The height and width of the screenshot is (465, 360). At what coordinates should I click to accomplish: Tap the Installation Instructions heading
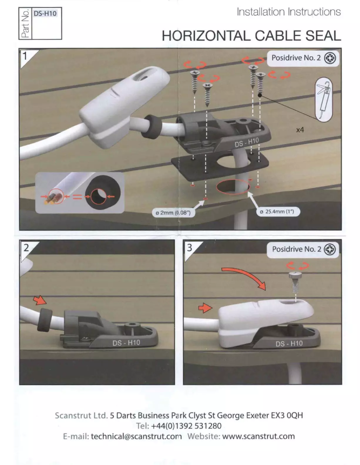(x=289, y=12)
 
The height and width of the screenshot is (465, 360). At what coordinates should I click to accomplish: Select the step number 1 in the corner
(x=26, y=56)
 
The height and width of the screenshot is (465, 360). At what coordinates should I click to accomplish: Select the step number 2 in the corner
(x=26, y=247)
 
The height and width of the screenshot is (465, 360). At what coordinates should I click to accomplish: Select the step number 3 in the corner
(x=190, y=247)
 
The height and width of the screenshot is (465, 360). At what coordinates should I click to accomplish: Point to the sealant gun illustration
(x=322, y=100)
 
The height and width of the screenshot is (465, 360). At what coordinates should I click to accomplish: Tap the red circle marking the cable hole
(x=233, y=188)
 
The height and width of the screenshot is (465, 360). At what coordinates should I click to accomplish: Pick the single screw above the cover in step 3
(x=295, y=281)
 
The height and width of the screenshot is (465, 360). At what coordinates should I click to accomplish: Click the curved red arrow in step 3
(x=245, y=275)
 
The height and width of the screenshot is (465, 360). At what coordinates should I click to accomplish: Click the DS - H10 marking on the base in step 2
(x=125, y=343)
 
